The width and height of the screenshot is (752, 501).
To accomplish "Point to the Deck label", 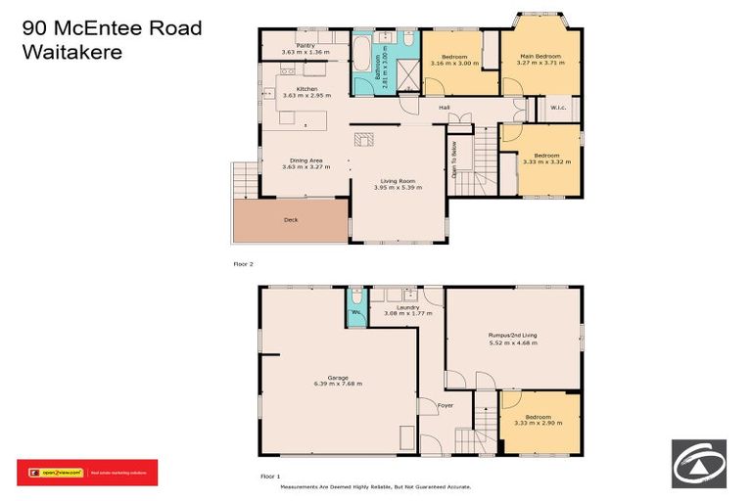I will tap(291, 220).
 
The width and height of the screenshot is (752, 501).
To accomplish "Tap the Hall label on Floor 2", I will tap(444, 107).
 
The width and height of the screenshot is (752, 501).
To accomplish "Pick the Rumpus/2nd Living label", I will tap(512, 336).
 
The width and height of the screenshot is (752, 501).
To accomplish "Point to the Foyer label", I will tap(446, 403).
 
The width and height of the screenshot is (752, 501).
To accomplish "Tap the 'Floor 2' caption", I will tap(243, 264).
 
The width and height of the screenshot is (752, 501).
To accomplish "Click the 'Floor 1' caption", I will tap(270, 476).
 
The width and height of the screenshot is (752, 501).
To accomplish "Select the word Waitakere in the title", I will tap(72, 52).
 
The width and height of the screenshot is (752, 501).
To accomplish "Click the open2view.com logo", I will tap(56, 473).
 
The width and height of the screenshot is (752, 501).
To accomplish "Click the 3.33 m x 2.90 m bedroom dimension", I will tap(540, 423).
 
